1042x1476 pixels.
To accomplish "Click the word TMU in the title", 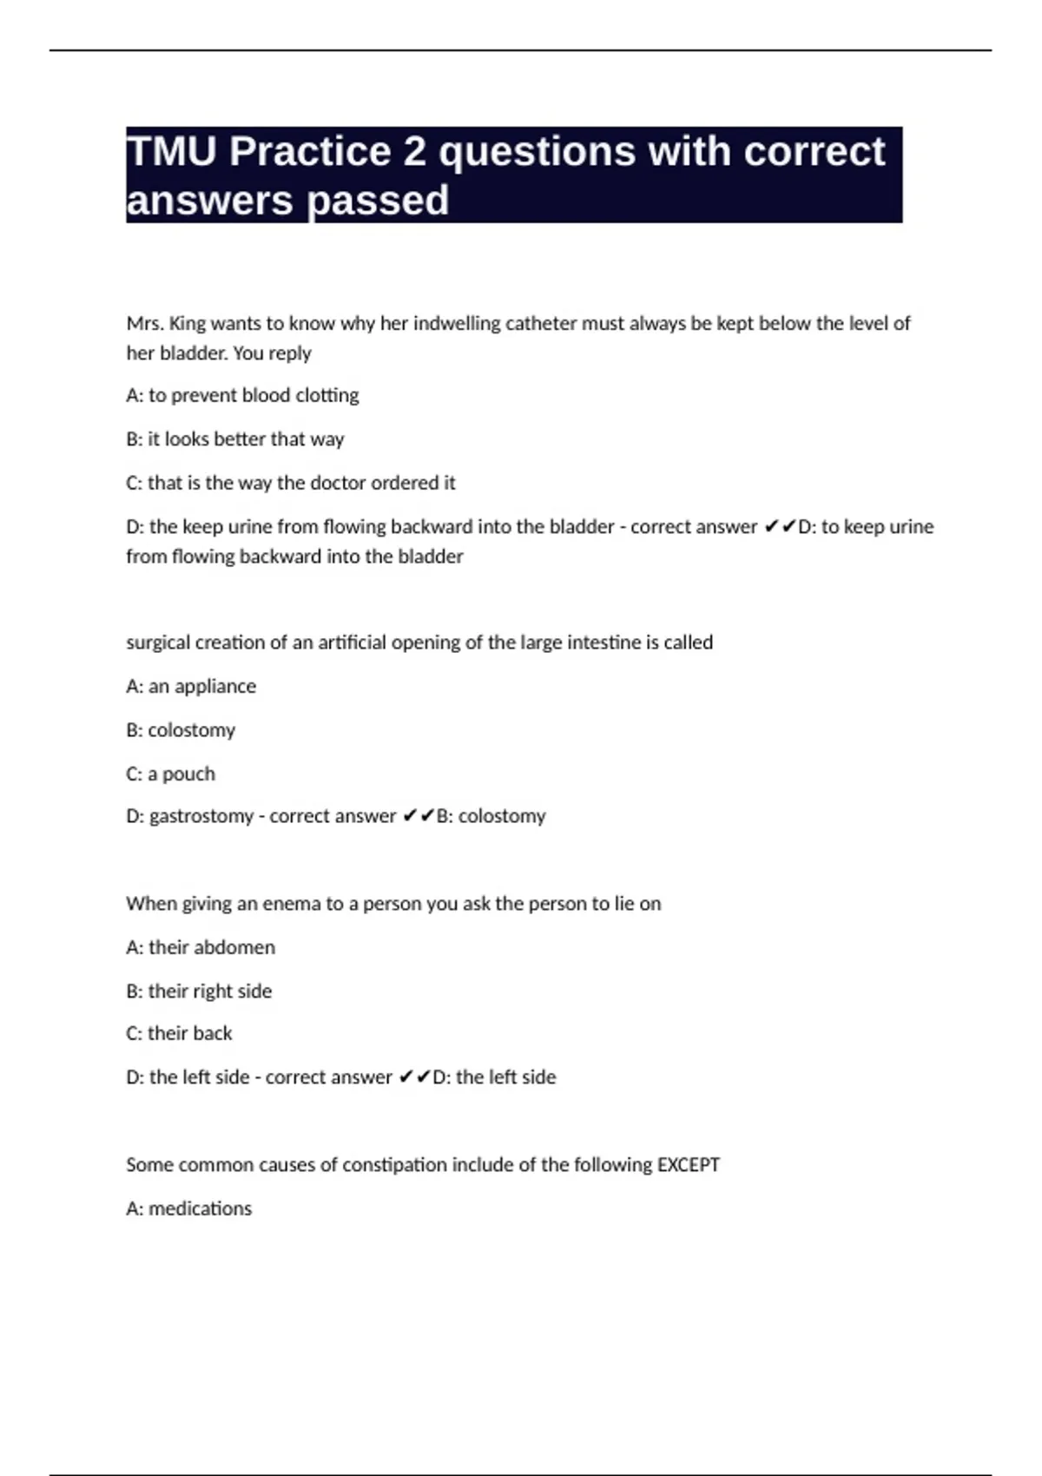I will click(x=171, y=152).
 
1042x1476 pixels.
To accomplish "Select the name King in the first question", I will click(x=187, y=324).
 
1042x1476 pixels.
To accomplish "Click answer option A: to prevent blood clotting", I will click(x=242, y=396).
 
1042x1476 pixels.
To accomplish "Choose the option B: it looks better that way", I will click(x=235, y=439).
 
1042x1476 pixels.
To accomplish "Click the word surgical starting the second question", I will click(x=158, y=642).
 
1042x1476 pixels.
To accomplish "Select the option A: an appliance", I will click(x=191, y=686).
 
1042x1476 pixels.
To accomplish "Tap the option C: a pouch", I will click(x=170, y=774).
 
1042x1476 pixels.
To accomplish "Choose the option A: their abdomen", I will click(x=201, y=947).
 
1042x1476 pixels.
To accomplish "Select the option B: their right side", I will click(x=199, y=991).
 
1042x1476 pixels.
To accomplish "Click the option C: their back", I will click(x=179, y=1033).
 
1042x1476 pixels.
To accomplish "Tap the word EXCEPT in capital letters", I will click(x=688, y=1164).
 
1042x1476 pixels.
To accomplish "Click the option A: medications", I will click(x=189, y=1209).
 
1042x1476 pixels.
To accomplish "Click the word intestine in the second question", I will click(x=603, y=642).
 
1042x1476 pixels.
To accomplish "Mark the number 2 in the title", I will click(x=414, y=152).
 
